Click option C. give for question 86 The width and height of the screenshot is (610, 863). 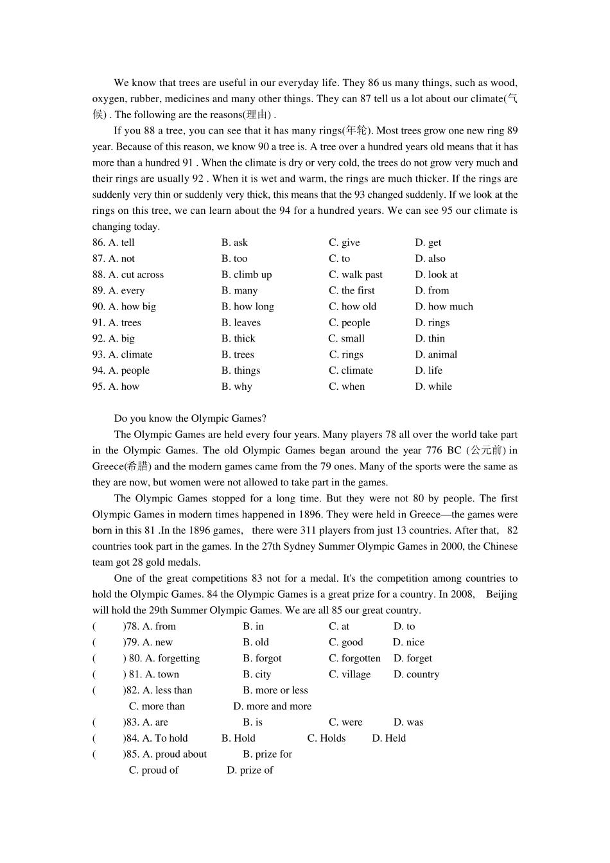(x=344, y=243)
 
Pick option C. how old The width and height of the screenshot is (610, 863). (x=353, y=307)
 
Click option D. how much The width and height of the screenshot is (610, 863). (x=444, y=307)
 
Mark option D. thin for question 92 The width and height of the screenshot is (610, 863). (x=430, y=339)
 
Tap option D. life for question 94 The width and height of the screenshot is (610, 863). (x=428, y=370)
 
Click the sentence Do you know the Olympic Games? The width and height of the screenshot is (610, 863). (x=190, y=419)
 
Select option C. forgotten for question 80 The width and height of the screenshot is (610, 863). (x=354, y=659)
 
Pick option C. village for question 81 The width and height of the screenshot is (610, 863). (x=349, y=675)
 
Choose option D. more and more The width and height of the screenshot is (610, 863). (x=272, y=706)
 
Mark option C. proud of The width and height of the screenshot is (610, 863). (x=153, y=771)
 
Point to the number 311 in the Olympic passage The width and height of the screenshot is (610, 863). (x=308, y=530)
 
